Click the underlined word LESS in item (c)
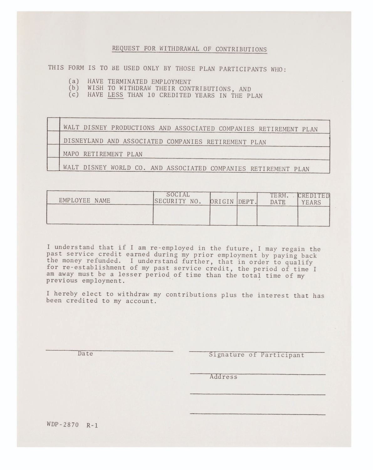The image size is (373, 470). click(115, 95)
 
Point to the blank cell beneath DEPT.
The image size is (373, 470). click(247, 215)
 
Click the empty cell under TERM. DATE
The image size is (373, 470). click(277, 216)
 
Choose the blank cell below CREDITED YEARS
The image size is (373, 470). click(313, 216)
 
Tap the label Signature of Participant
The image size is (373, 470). click(256, 355)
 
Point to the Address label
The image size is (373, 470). click(223, 377)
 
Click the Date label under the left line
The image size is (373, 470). click(85, 354)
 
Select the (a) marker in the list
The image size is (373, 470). click(74, 81)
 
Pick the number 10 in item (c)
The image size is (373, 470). click(151, 95)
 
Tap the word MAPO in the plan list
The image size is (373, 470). click(71, 154)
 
